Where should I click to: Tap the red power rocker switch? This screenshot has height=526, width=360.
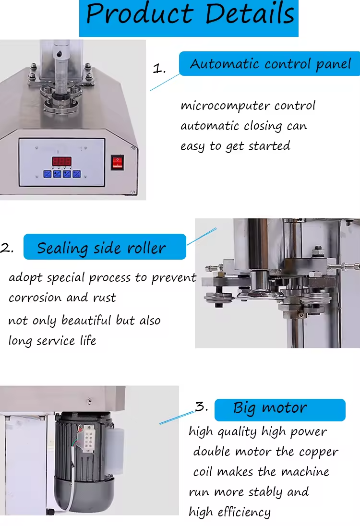point(118,162)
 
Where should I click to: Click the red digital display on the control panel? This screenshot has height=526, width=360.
point(62,161)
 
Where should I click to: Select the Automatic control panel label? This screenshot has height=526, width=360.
point(270,64)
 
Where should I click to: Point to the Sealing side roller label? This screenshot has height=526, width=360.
point(105,248)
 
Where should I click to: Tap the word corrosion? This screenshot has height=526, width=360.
point(36,298)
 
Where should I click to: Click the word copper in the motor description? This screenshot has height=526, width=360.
point(319,452)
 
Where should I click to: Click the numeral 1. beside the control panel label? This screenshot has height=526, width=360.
point(159,69)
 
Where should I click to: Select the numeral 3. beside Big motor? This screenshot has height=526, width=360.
point(202,407)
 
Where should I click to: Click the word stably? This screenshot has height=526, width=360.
point(265,492)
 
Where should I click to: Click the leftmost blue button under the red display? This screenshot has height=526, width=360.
point(48,174)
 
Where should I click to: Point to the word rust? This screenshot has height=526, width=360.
point(105,298)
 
